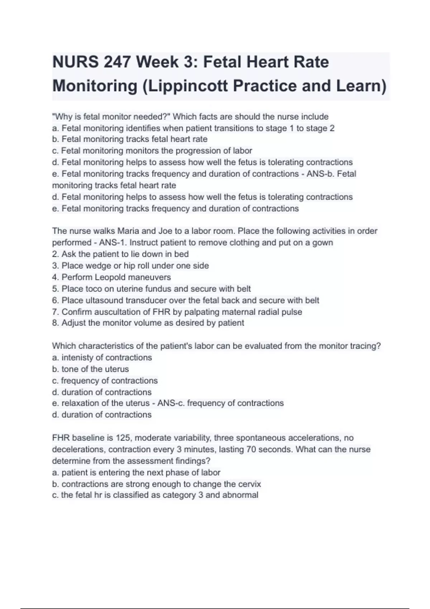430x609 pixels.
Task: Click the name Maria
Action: [129, 231]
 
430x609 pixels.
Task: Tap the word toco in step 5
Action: [94, 289]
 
